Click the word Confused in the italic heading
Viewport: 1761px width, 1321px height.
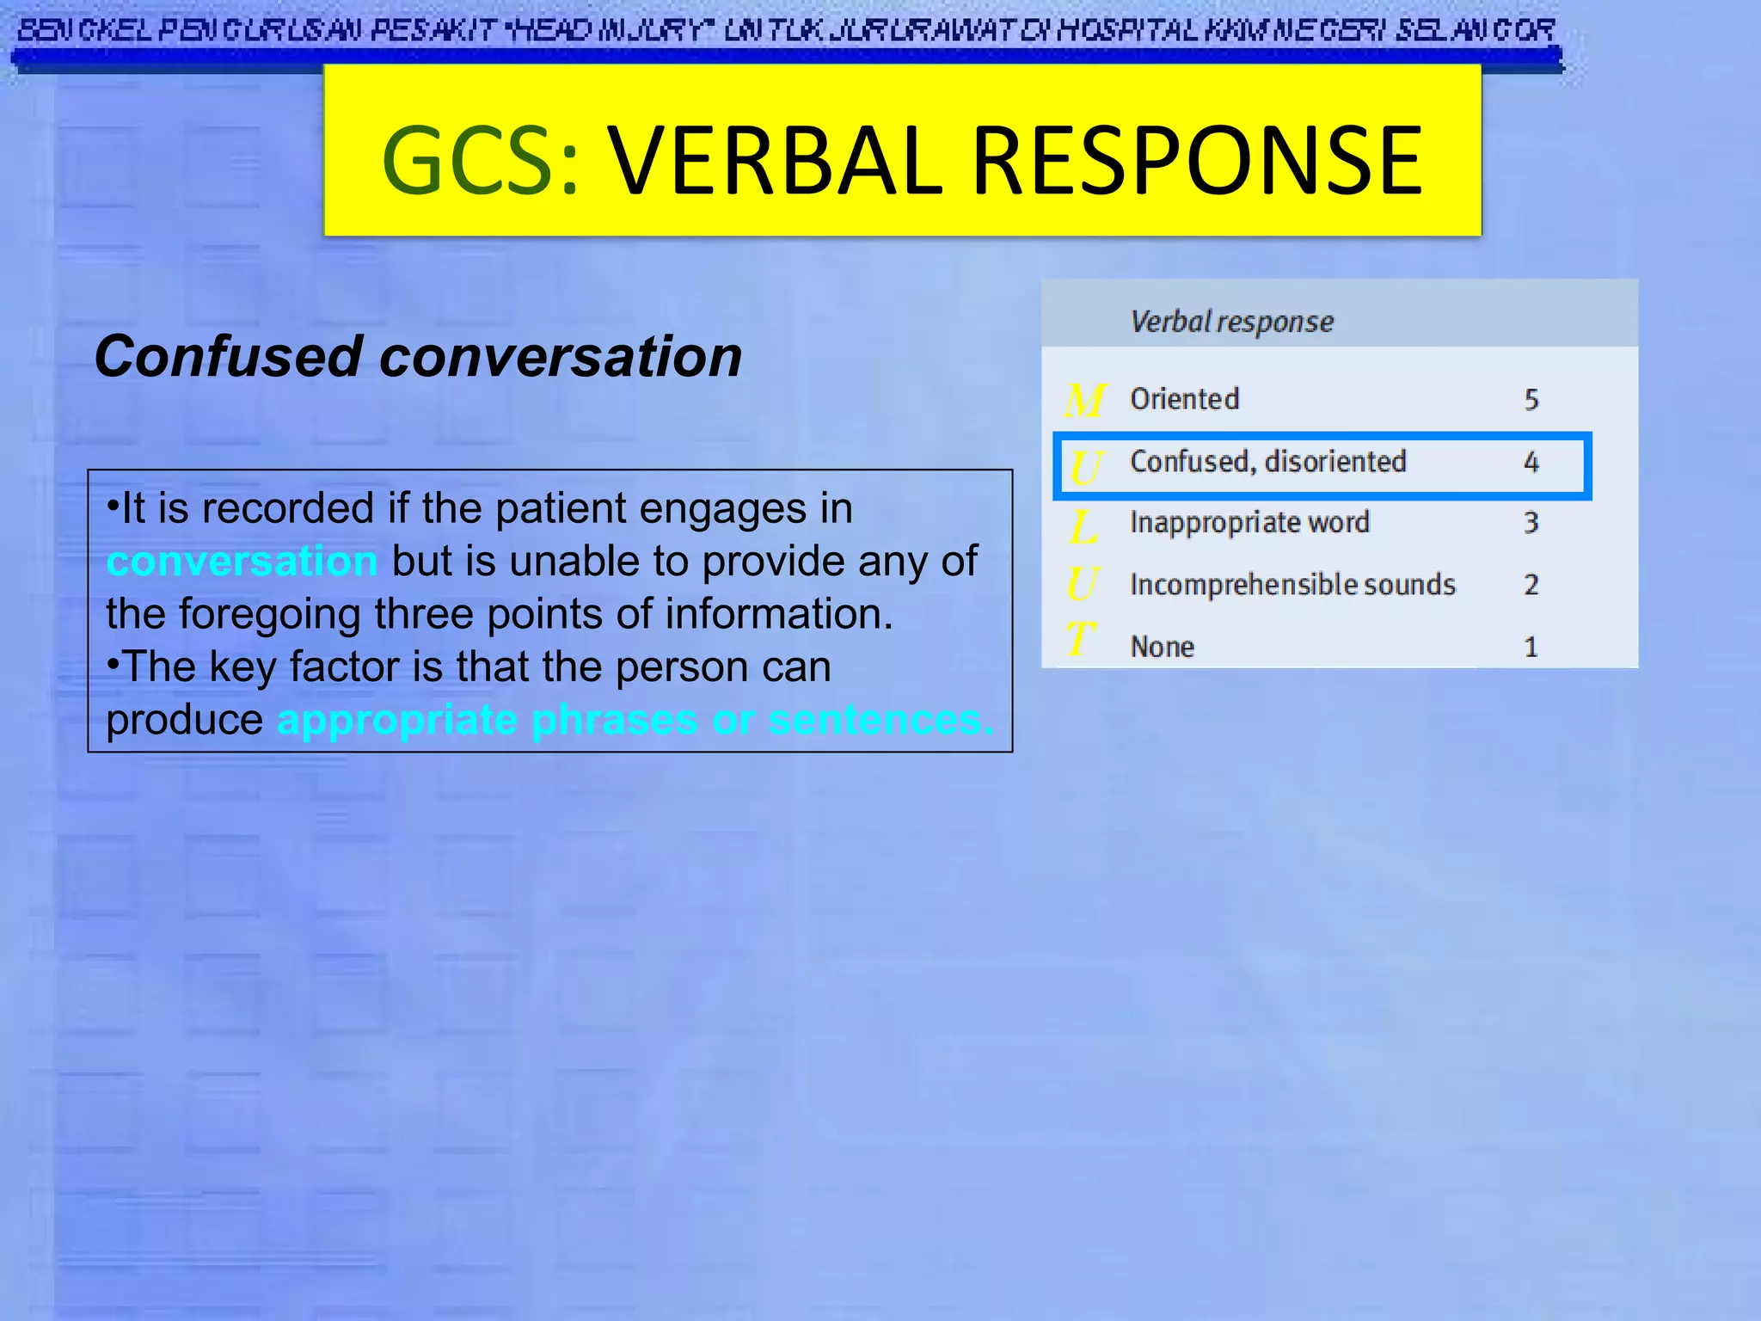[x=228, y=357]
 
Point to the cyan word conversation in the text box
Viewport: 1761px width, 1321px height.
[x=242, y=562]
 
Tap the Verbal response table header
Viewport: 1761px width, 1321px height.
[x=1231, y=322]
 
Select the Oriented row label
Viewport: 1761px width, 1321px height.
[x=1184, y=399]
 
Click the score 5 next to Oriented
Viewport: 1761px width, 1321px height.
[x=1531, y=400]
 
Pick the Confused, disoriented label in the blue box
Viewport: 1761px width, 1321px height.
[x=1267, y=462]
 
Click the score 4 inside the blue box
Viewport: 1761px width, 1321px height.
[x=1531, y=463]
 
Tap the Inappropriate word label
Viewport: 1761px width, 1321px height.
[x=1249, y=523]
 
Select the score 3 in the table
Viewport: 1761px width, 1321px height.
[x=1531, y=523]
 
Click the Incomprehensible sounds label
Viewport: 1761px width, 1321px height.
[x=1292, y=585]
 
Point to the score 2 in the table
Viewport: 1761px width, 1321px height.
[x=1531, y=585]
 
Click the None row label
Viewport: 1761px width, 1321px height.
[x=1162, y=647]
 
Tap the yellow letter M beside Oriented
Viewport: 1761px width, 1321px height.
[x=1083, y=401]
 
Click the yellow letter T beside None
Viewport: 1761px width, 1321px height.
[x=1080, y=640]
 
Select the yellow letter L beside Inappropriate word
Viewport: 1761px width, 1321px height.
[x=1083, y=526]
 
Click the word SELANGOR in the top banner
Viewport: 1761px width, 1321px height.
[x=1474, y=31]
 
